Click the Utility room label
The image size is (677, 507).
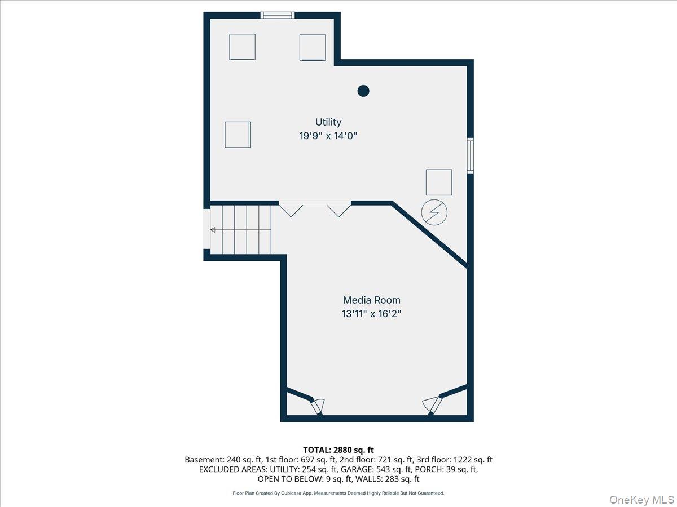click(328, 122)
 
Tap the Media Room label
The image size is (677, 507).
click(372, 300)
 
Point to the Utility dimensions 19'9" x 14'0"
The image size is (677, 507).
click(328, 135)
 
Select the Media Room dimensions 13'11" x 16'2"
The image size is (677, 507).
click(372, 314)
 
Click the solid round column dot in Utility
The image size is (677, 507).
click(363, 91)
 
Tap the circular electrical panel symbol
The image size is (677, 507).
click(434, 212)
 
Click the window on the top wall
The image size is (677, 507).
click(277, 15)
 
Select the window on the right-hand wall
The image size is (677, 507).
click(470, 156)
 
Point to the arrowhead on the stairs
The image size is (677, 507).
click(213, 230)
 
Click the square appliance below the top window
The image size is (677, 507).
click(242, 47)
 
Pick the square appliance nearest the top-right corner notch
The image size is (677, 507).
click(313, 47)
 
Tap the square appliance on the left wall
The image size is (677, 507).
click(238, 135)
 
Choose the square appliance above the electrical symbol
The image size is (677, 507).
click(439, 182)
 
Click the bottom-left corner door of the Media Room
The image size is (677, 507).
click(318, 406)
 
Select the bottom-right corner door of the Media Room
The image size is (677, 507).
click(432, 406)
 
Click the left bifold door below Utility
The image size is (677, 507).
click(291, 210)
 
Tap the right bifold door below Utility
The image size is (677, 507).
click(338, 210)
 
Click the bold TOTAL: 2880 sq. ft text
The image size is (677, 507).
click(338, 450)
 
